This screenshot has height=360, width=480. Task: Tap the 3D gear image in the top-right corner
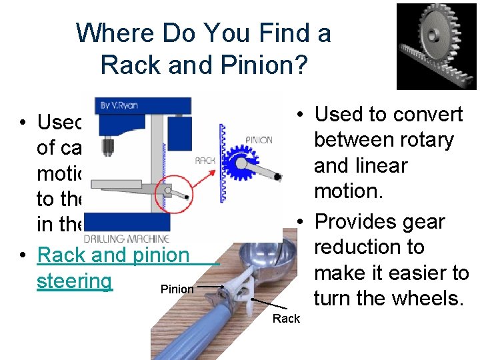(x=437, y=46)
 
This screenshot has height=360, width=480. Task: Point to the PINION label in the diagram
(x=259, y=141)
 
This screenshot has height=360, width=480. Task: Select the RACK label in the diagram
(x=204, y=161)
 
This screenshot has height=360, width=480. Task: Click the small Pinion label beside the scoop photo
(x=177, y=289)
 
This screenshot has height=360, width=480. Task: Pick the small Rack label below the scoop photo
(x=286, y=319)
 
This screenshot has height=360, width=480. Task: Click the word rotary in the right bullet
(x=422, y=140)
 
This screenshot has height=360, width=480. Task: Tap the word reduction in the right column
(x=369, y=247)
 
